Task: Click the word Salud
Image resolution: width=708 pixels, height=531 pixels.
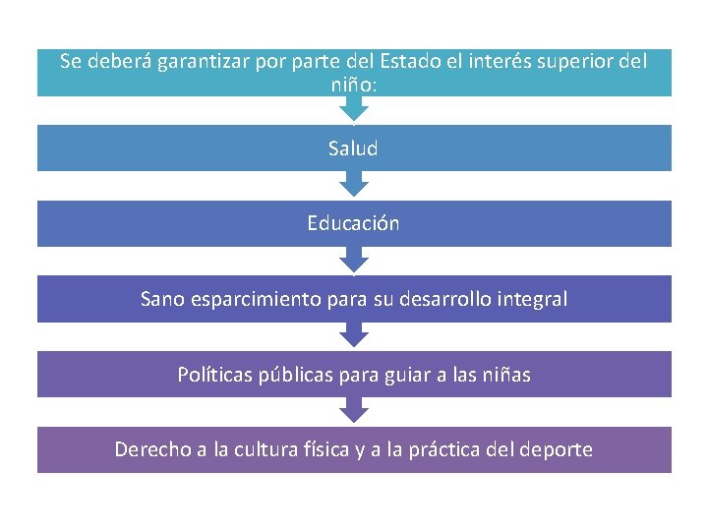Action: [x=353, y=148]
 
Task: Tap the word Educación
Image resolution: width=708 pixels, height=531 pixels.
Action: [x=353, y=223]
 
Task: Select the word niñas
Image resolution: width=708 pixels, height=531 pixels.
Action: [x=502, y=375]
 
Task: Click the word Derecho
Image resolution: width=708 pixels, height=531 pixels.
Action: [x=151, y=449]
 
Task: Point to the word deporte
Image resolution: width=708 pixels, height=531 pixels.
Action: [x=556, y=449]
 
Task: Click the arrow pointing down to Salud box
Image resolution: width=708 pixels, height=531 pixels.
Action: [x=353, y=109]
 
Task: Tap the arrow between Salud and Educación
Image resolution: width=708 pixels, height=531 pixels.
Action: [x=353, y=184]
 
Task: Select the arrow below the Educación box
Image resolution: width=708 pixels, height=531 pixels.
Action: [x=353, y=260]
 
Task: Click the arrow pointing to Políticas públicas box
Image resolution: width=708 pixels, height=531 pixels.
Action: [x=353, y=334]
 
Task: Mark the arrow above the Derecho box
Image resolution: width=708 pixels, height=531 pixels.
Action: [x=353, y=410]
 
